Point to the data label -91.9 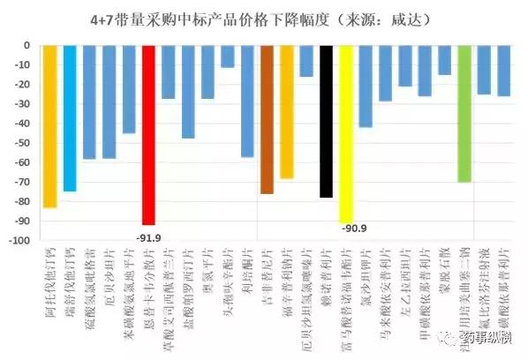[148, 235]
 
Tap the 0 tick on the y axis [27, 45]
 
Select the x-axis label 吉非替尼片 [267, 278]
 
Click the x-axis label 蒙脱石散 [444, 274]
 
